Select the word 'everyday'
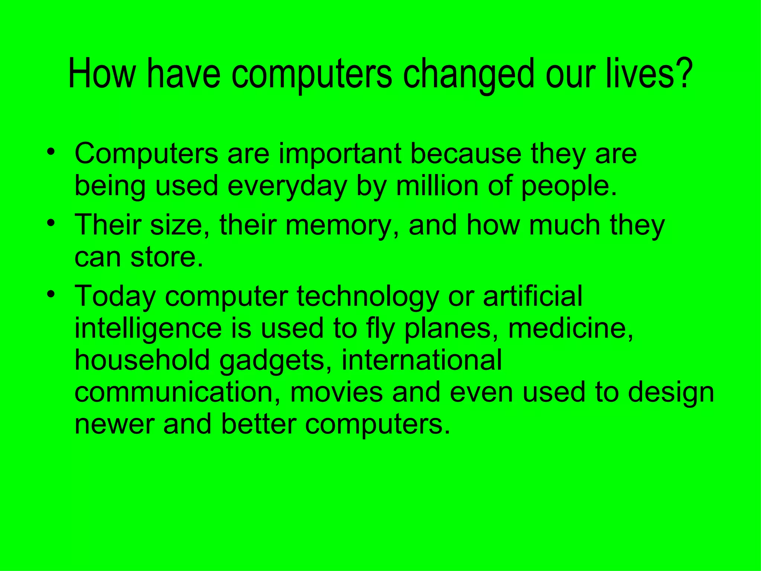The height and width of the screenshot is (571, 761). tap(286, 187)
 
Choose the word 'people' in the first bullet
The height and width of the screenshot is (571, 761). tap(565, 187)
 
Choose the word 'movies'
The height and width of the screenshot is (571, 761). tap(336, 393)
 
